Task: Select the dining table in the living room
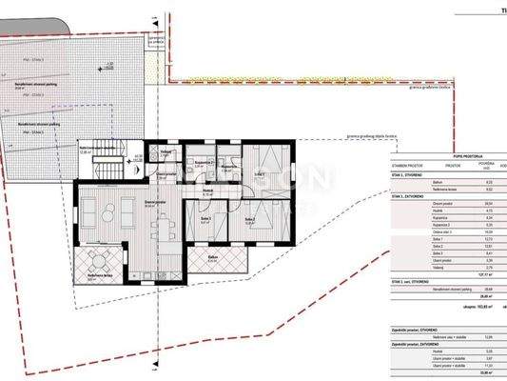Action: click(x=165, y=226)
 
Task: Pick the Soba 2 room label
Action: click(x=251, y=220)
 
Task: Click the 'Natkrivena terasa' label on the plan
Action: click(x=99, y=276)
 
